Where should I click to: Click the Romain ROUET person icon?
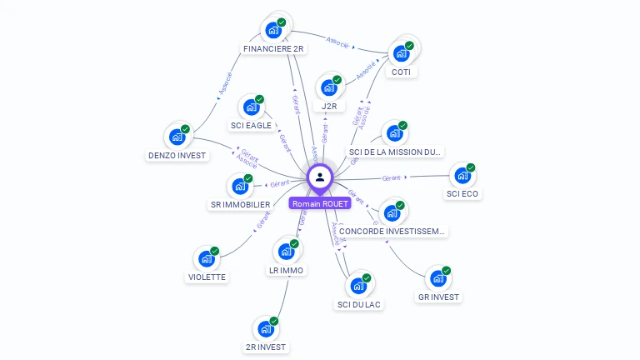coord(320,177)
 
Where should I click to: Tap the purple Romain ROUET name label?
coord(320,203)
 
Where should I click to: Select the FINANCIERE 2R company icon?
coord(273,31)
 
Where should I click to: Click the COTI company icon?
coord(401,53)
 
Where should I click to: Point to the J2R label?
coord(329,107)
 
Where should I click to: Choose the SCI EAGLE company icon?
coord(251,107)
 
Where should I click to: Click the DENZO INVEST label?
coord(177,155)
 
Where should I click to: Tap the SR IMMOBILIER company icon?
coord(240,187)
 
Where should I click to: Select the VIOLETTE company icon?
coord(207,259)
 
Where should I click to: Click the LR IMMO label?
coord(287,270)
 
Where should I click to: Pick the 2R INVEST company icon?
coord(266,329)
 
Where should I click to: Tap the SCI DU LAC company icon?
coord(358,286)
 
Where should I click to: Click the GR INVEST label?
coord(438,297)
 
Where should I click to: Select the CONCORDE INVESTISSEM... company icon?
coord(392,213)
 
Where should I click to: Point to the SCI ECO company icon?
coord(462,177)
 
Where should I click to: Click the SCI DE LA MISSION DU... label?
coord(396,152)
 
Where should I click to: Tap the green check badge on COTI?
coord(409,46)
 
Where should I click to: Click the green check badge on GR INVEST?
coord(447,271)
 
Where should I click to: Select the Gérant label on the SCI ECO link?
coord(392,177)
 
